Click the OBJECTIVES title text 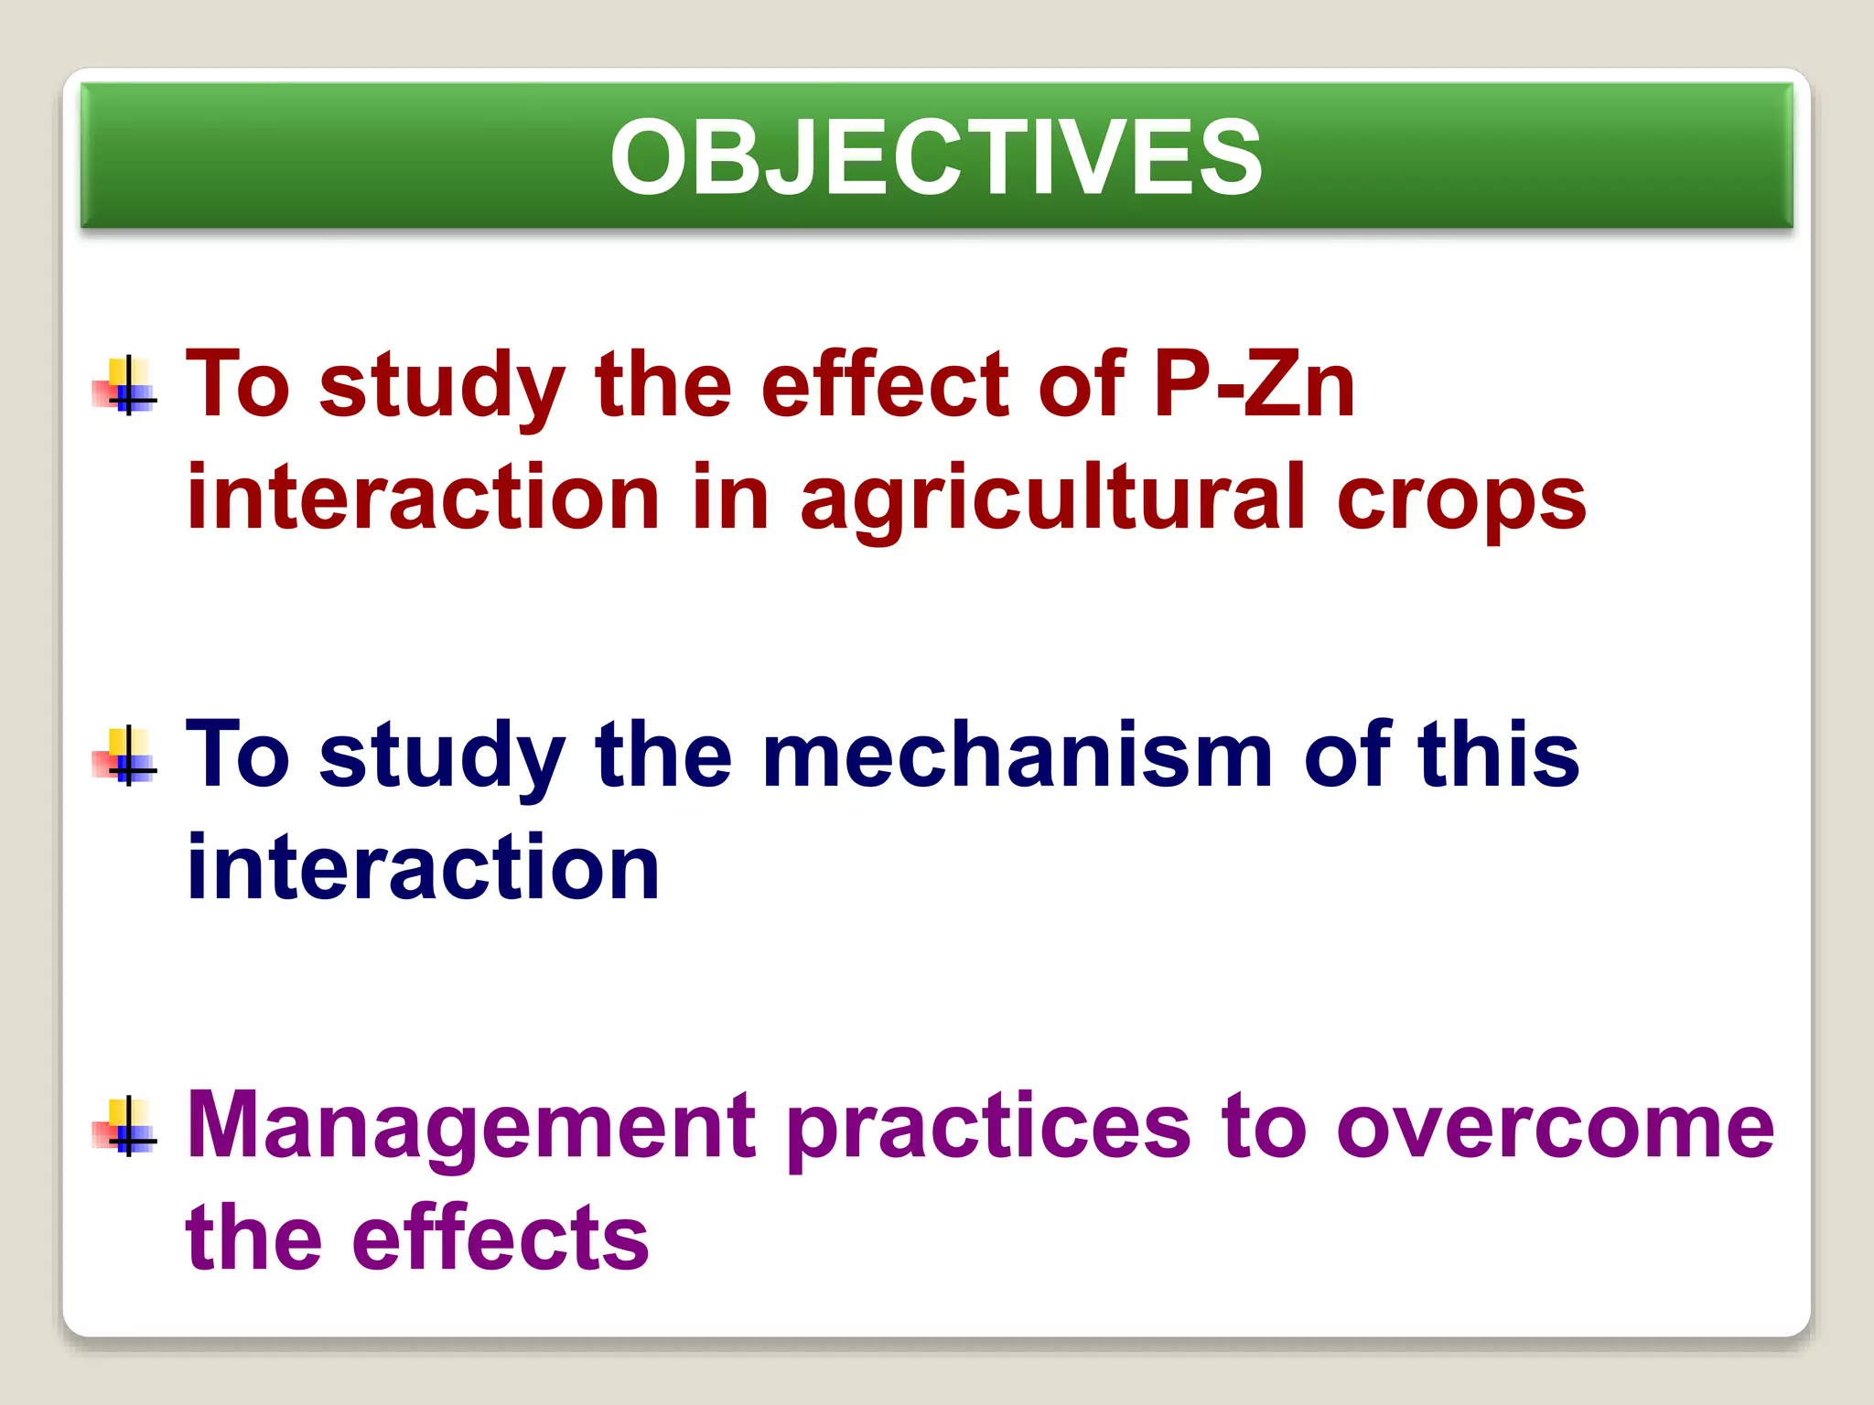(x=936, y=157)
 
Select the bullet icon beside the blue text (x=125, y=756)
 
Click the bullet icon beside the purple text (x=125, y=1127)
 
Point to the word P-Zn (x=1254, y=386)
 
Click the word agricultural (x=1053, y=499)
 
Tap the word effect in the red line (x=885, y=386)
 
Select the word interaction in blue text (x=423, y=867)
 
